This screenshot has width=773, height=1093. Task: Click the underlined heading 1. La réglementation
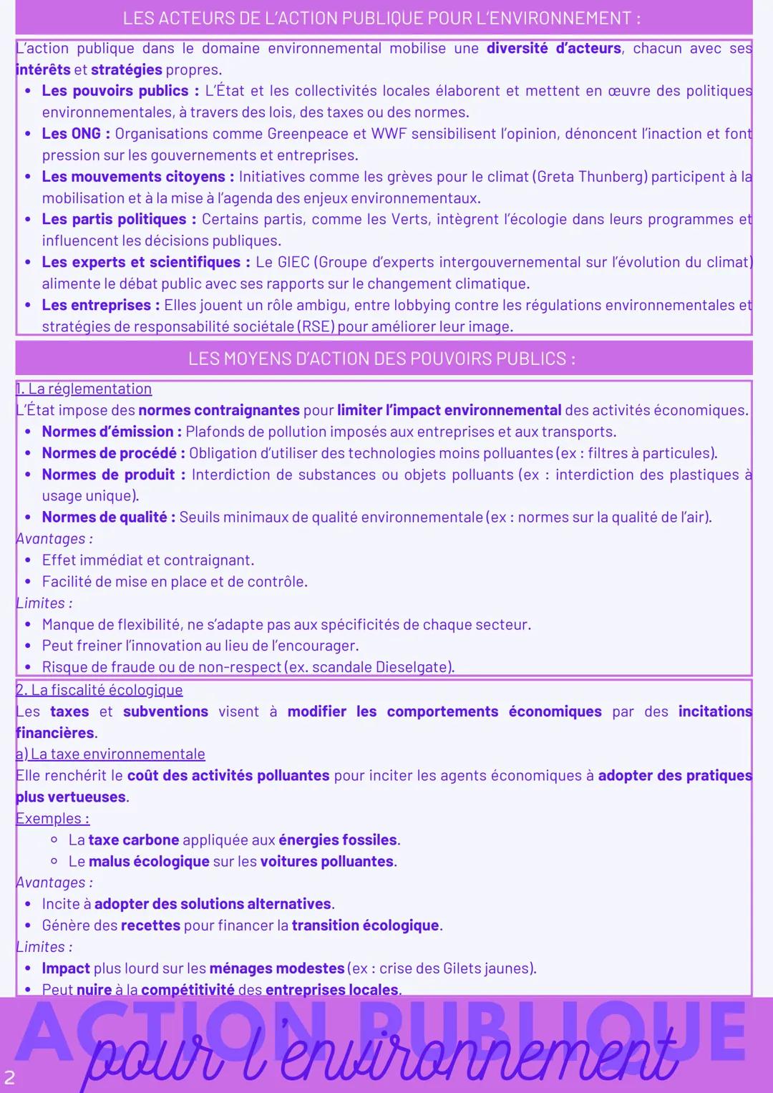click(x=84, y=389)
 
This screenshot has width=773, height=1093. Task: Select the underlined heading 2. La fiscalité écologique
click(x=99, y=690)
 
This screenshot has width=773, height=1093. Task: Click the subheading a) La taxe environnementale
click(x=110, y=754)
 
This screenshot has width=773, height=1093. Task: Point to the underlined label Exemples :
click(x=52, y=818)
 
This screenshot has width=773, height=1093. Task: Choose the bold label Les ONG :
click(x=76, y=134)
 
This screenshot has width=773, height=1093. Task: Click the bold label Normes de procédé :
click(x=113, y=453)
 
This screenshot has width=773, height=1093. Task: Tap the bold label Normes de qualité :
click(x=108, y=518)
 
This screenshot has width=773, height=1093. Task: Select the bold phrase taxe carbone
click(x=133, y=840)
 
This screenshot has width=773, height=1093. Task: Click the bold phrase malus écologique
click(x=149, y=861)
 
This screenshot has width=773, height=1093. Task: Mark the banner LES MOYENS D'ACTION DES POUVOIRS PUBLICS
click(x=382, y=359)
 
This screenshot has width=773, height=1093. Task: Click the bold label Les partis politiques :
click(x=118, y=220)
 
